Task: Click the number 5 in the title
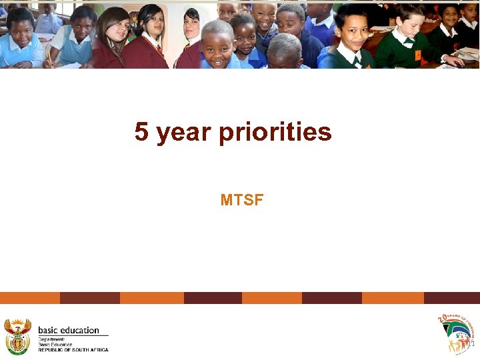click(x=141, y=132)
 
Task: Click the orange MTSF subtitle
click(x=241, y=199)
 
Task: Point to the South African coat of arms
click(x=18, y=336)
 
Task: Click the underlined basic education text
click(x=69, y=330)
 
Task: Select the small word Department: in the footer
click(x=51, y=339)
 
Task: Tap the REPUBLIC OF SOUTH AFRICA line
click(x=73, y=349)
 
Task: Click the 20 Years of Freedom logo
click(x=456, y=333)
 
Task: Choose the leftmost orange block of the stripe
click(x=30, y=298)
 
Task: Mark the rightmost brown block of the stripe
click(x=451, y=298)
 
